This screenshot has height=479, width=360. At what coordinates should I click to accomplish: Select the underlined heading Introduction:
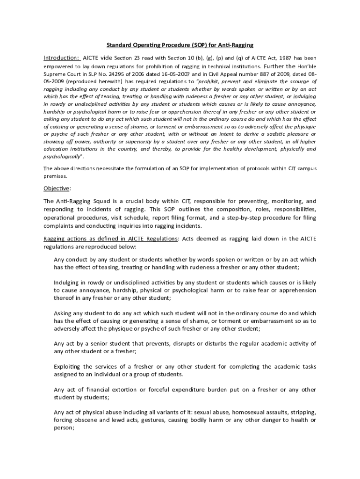[x=62, y=58]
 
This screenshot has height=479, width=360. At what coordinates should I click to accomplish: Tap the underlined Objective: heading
[x=57, y=189]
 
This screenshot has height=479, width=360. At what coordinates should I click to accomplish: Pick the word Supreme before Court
[x=55, y=74]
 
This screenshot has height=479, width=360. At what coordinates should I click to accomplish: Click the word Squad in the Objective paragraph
[x=104, y=201]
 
